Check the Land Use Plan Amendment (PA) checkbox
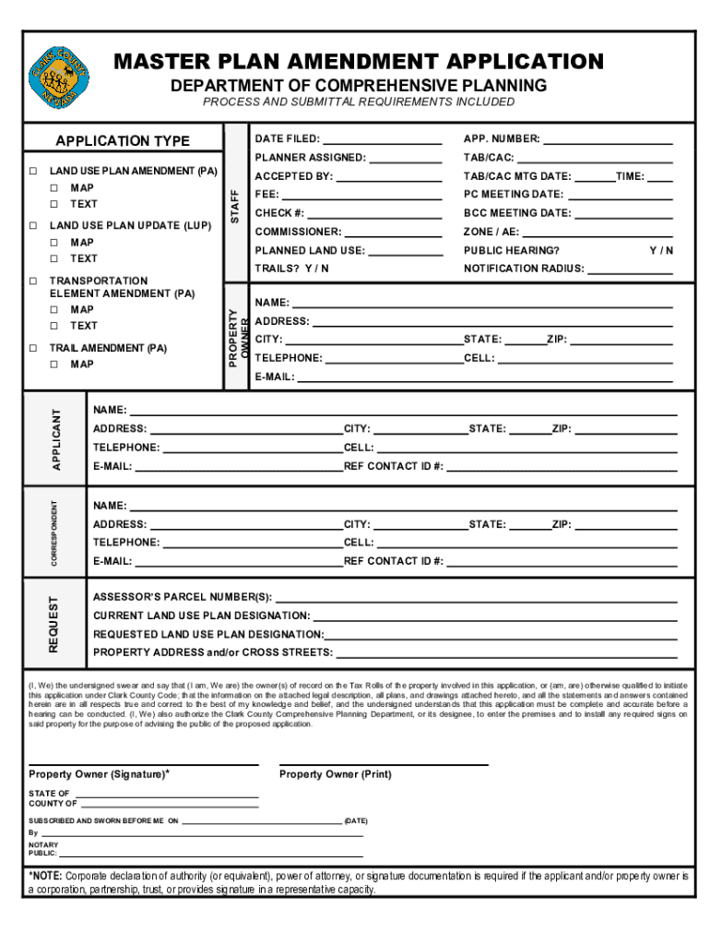point(32,172)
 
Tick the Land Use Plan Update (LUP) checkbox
point(32,225)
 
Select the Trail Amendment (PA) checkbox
point(32,349)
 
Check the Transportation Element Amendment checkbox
point(32,281)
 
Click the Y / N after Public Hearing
point(661,250)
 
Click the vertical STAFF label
point(235,206)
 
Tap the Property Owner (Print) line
point(384,764)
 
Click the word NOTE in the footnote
point(47,875)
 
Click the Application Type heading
point(123,141)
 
